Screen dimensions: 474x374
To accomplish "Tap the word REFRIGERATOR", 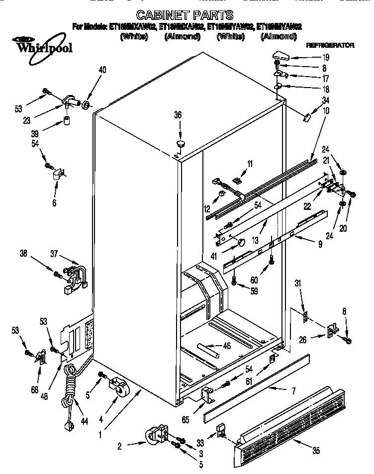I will tap(330, 45).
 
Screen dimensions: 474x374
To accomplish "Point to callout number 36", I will tap(178, 115).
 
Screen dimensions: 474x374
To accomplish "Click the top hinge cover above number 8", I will tap(282, 56).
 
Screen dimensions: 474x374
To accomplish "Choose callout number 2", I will tap(119, 446).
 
